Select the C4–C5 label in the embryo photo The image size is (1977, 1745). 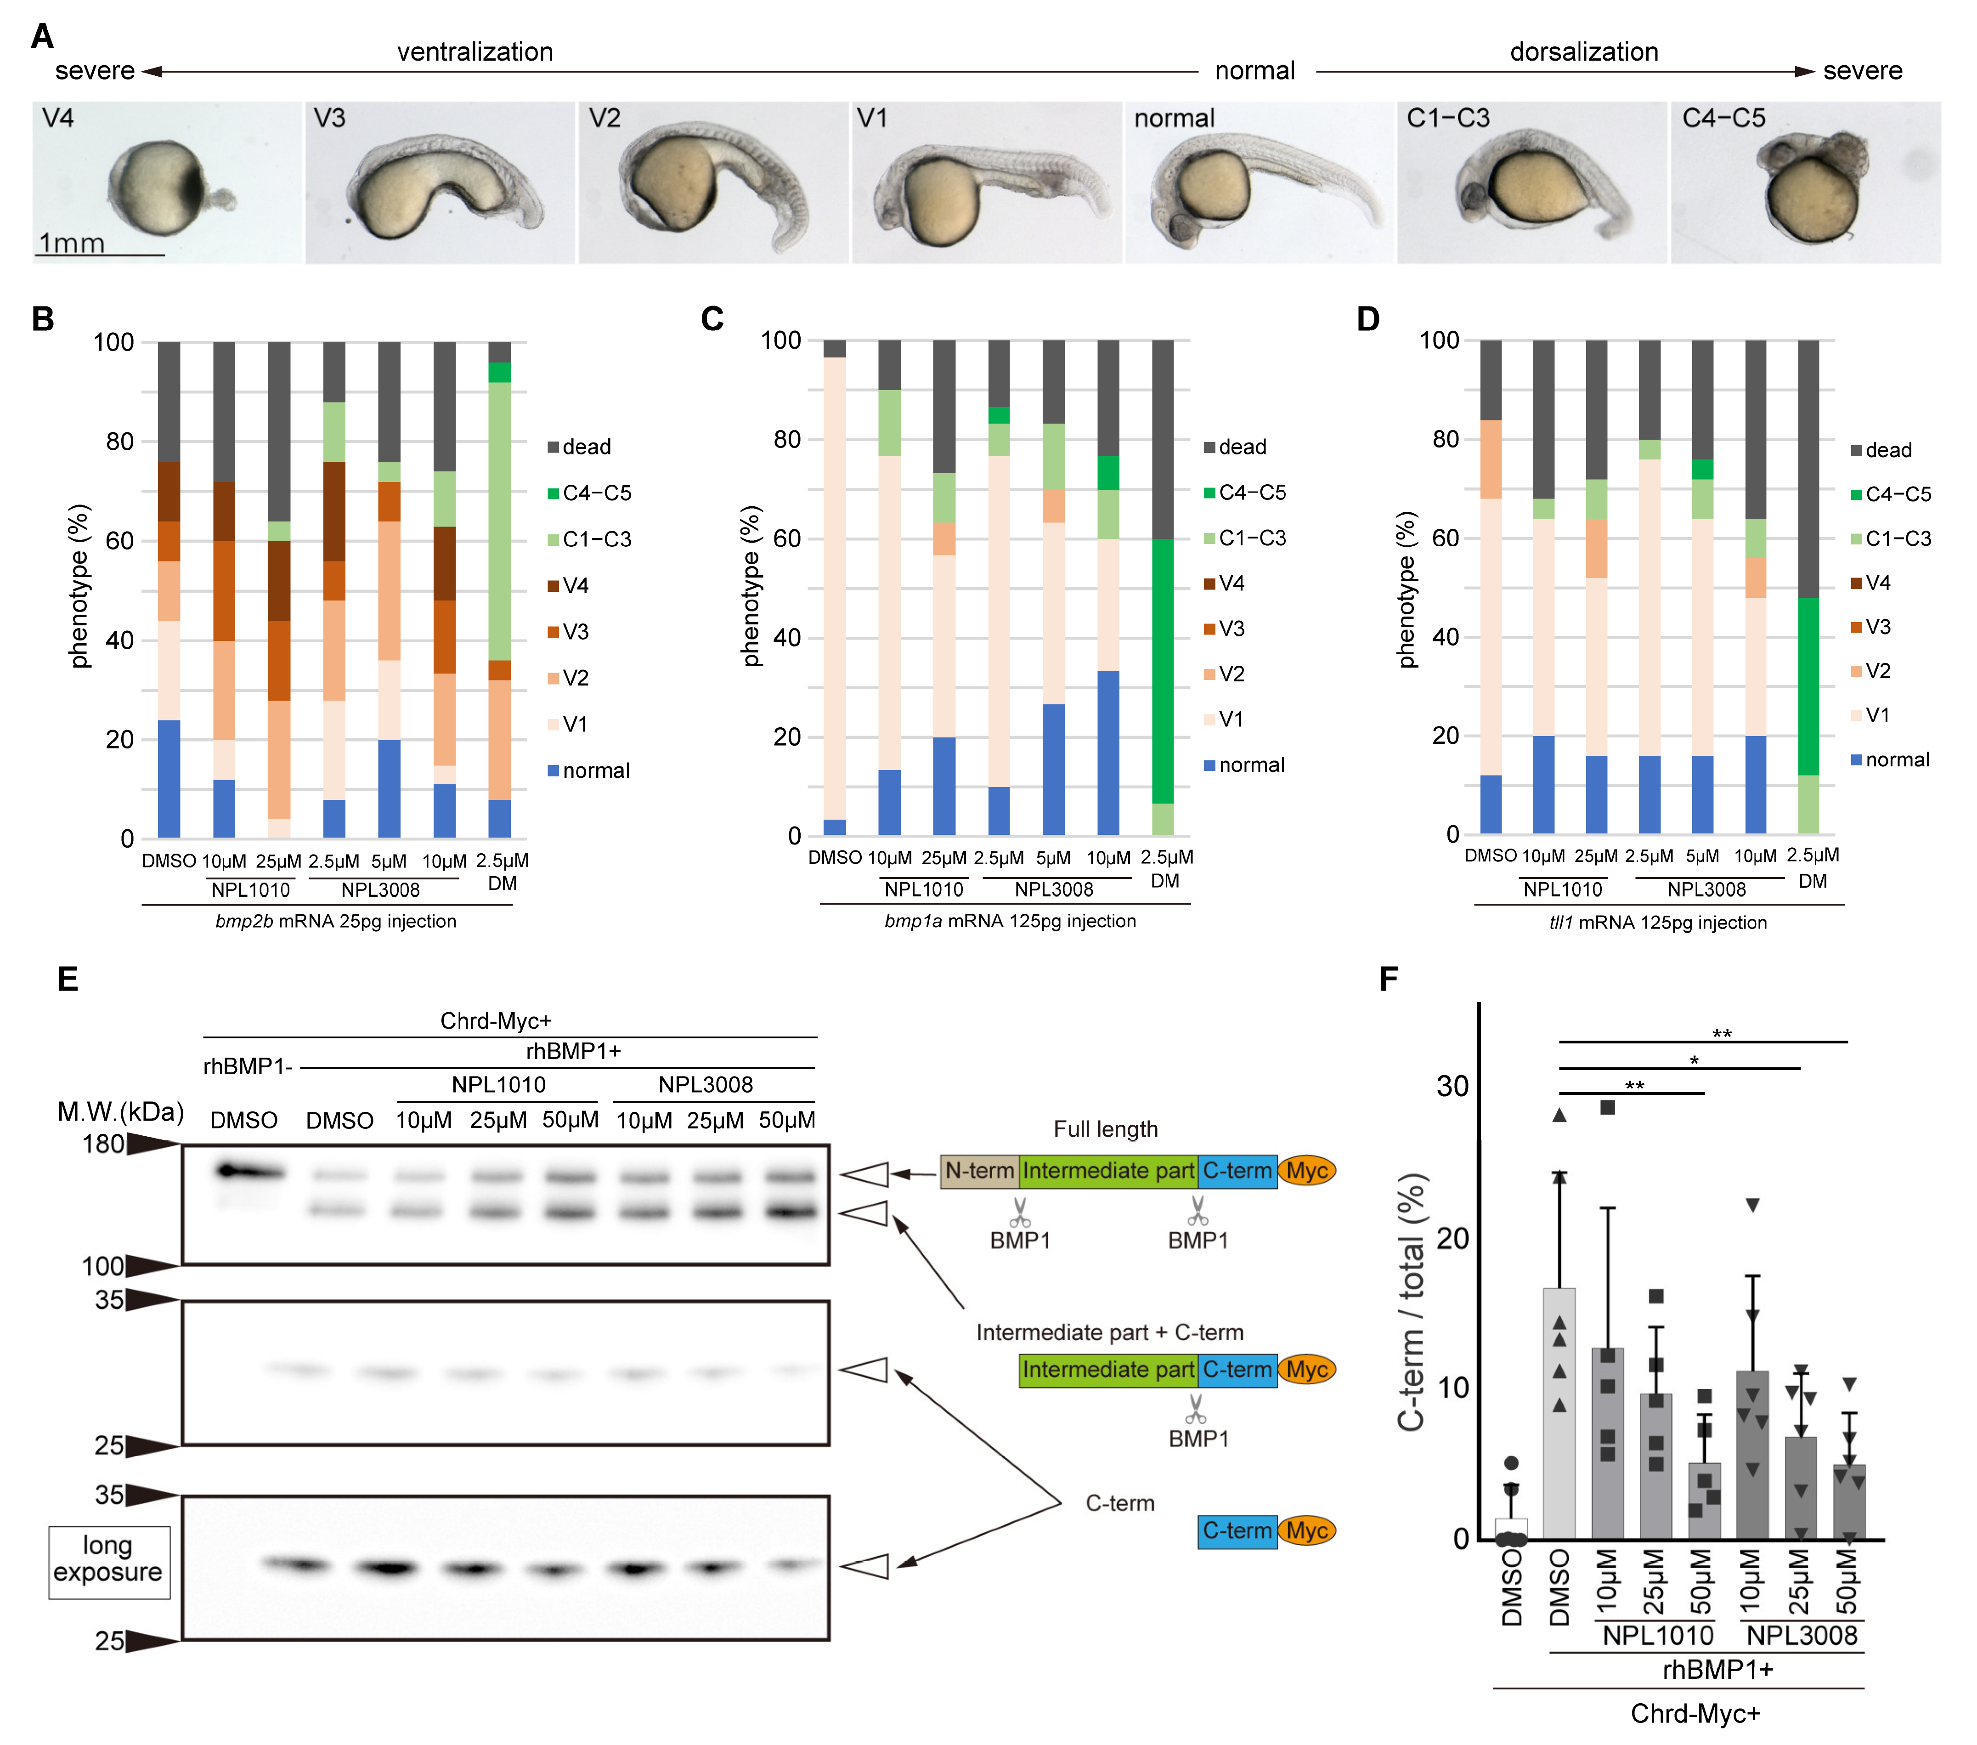pos(1723,118)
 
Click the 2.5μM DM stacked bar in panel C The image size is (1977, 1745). pos(1163,587)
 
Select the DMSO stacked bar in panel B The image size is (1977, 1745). pos(169,590)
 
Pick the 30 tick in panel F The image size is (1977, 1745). pos(1453,1086)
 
